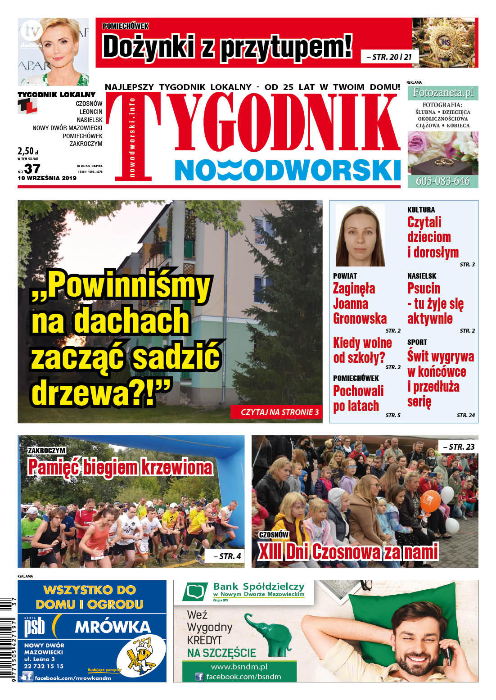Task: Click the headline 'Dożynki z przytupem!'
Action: [x=227, y=47]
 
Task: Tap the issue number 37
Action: [x=32, y=169]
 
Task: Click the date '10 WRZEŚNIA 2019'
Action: [x=47, y=178]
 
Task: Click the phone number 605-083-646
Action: [x=442, y=181]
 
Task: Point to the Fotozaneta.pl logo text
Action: [x=443, y=93]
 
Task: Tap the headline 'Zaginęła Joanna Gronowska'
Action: [x=360, y=303]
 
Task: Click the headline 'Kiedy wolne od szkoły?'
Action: [x=362, y=350]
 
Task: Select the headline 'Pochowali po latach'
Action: [x=358, y=398]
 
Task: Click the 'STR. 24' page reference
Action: [x=465, y=415]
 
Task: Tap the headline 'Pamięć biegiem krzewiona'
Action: [x=120, y=467]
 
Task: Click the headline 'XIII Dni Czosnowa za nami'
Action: [x=348, y=552]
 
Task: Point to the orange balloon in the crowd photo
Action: [x=430, y=501]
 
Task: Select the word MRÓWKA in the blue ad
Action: [x=113, y=627]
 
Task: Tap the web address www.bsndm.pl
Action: [x=239, y=667]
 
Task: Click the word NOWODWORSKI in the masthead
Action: [x=288, y=170]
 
